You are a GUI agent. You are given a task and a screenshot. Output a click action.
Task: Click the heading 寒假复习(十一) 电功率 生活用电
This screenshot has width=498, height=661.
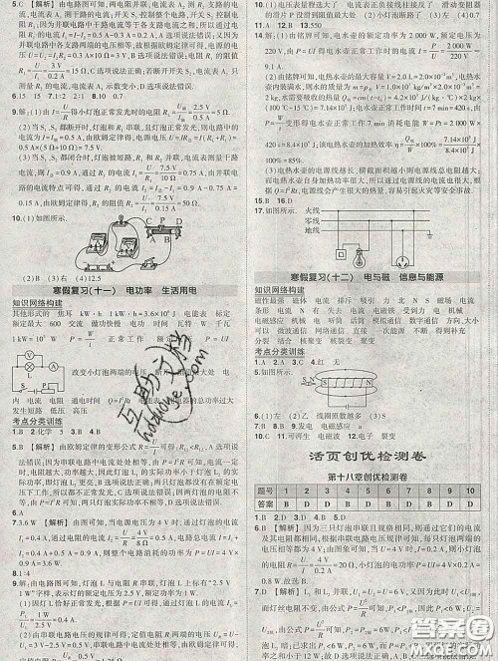[x=124, y=288]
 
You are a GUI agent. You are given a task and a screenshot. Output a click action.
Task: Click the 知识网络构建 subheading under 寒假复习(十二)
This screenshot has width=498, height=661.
[x=279, y=288]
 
